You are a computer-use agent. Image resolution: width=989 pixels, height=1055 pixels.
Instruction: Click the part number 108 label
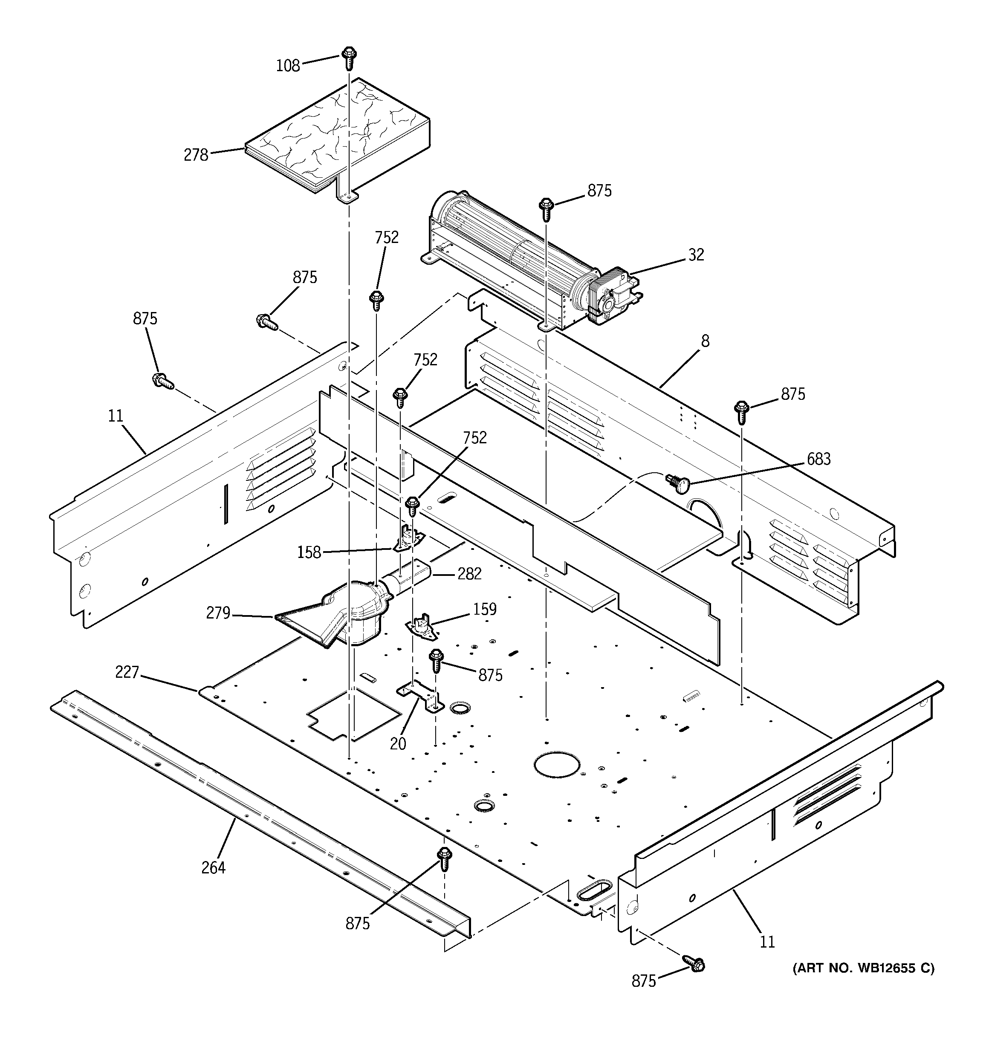coord(288,66)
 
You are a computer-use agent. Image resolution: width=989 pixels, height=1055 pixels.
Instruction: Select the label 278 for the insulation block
coord(196,156)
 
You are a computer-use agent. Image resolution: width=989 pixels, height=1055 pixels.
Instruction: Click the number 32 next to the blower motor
coord(696,255)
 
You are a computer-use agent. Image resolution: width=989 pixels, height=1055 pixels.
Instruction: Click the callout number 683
coord(818,459)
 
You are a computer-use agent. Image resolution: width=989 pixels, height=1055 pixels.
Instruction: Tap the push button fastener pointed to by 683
coord(677,482)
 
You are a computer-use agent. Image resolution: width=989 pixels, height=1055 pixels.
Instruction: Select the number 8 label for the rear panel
coord(705,341)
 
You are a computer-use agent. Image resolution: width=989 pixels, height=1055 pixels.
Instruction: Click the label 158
coord(309,552)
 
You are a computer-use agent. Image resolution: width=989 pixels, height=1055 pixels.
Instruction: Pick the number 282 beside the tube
coord(469,574)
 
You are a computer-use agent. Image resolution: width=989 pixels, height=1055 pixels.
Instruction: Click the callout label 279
coord(218,613)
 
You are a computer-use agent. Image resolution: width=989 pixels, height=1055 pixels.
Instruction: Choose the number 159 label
coord(485,609)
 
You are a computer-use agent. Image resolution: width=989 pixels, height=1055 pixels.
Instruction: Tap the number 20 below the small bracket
coord(398,744)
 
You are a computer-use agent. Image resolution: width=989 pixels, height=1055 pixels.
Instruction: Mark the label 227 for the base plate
coord(127,672)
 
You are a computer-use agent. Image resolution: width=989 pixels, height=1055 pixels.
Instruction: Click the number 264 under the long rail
coord(214,868)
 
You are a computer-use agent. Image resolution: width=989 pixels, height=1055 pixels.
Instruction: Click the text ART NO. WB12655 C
coord(863,968)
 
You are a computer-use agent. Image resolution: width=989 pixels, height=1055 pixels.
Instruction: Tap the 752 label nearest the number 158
coord(474,438)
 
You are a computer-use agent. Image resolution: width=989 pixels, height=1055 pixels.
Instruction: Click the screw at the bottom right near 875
coord(694,964)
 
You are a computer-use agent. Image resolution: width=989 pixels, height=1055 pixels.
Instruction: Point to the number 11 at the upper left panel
coord(115,416)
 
